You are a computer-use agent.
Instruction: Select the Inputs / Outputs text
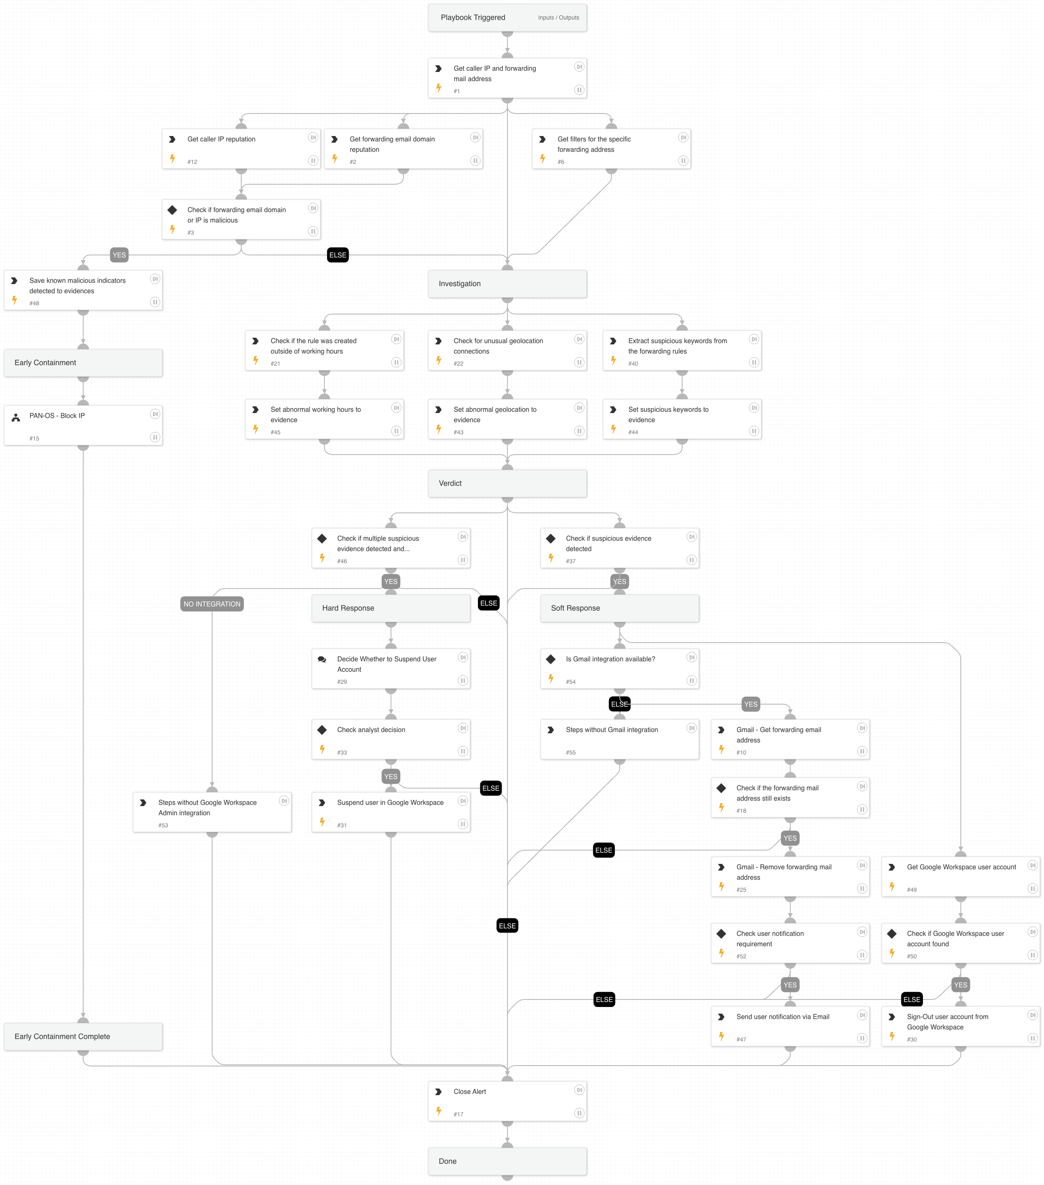click(558, 17)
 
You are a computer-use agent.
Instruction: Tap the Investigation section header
click(507, 284)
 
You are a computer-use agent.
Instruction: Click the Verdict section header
click(507, 483)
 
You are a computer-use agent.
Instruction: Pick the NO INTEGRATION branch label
click(212, 604)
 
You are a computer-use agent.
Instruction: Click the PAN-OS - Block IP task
click(83, 425)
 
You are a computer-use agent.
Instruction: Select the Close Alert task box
click(507, 1101)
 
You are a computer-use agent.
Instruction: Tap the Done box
click(507, 1161)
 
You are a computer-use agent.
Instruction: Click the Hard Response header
click(391, 608)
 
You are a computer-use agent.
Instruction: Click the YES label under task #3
click(119, 255)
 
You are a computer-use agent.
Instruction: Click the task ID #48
click(34, 303)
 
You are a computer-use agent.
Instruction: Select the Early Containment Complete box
click(83, 1036)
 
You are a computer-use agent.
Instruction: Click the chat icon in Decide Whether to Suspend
click(322, 659)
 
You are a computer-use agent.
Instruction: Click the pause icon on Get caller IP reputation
click(313, 161)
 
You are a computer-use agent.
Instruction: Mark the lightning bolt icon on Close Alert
click(439, 1111)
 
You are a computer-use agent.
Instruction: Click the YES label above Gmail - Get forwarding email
click(751, 705)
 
